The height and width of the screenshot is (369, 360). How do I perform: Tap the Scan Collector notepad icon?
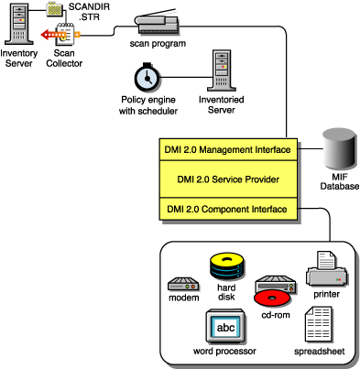pyautogui.click(x=65, y=36)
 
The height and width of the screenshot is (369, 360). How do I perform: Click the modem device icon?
pyautogui.click(x=184, y=284)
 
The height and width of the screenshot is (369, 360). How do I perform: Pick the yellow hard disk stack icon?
pyautogui.click(x=225, y=267)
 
